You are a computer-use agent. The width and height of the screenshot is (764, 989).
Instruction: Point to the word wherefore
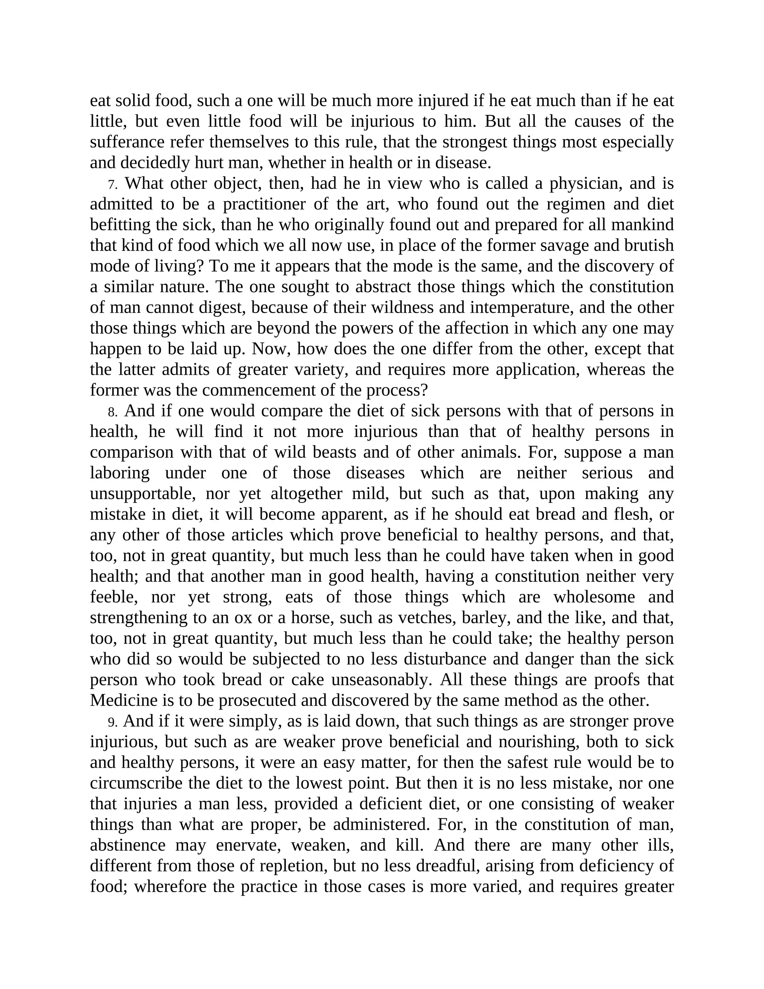[x=170, y=887]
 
